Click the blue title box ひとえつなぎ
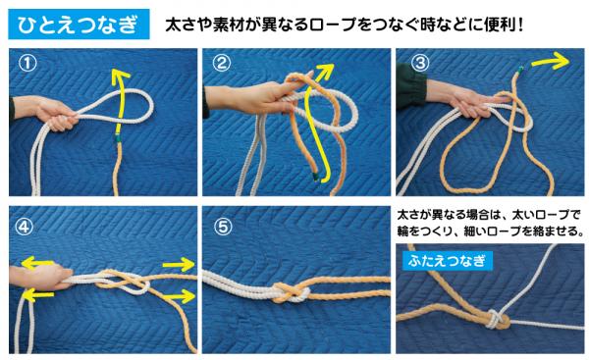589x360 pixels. (76, 21)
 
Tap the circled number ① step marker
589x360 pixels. (29, 66)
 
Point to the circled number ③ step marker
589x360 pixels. (420, 66)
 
